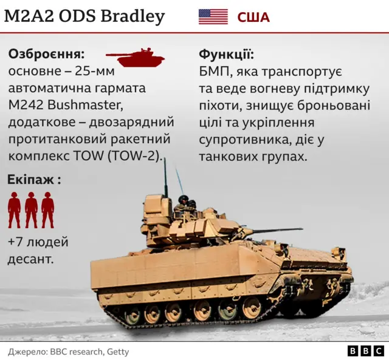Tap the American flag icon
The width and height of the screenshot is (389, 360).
213,16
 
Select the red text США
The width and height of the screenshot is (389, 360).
253,17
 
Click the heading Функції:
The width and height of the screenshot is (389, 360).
226,54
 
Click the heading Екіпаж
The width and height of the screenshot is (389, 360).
33,180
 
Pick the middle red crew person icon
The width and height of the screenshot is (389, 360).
31,210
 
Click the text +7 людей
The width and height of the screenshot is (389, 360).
38,242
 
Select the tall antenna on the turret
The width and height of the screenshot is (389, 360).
165,176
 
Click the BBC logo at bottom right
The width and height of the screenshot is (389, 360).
365,351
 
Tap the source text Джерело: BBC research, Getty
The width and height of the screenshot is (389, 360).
68,352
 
